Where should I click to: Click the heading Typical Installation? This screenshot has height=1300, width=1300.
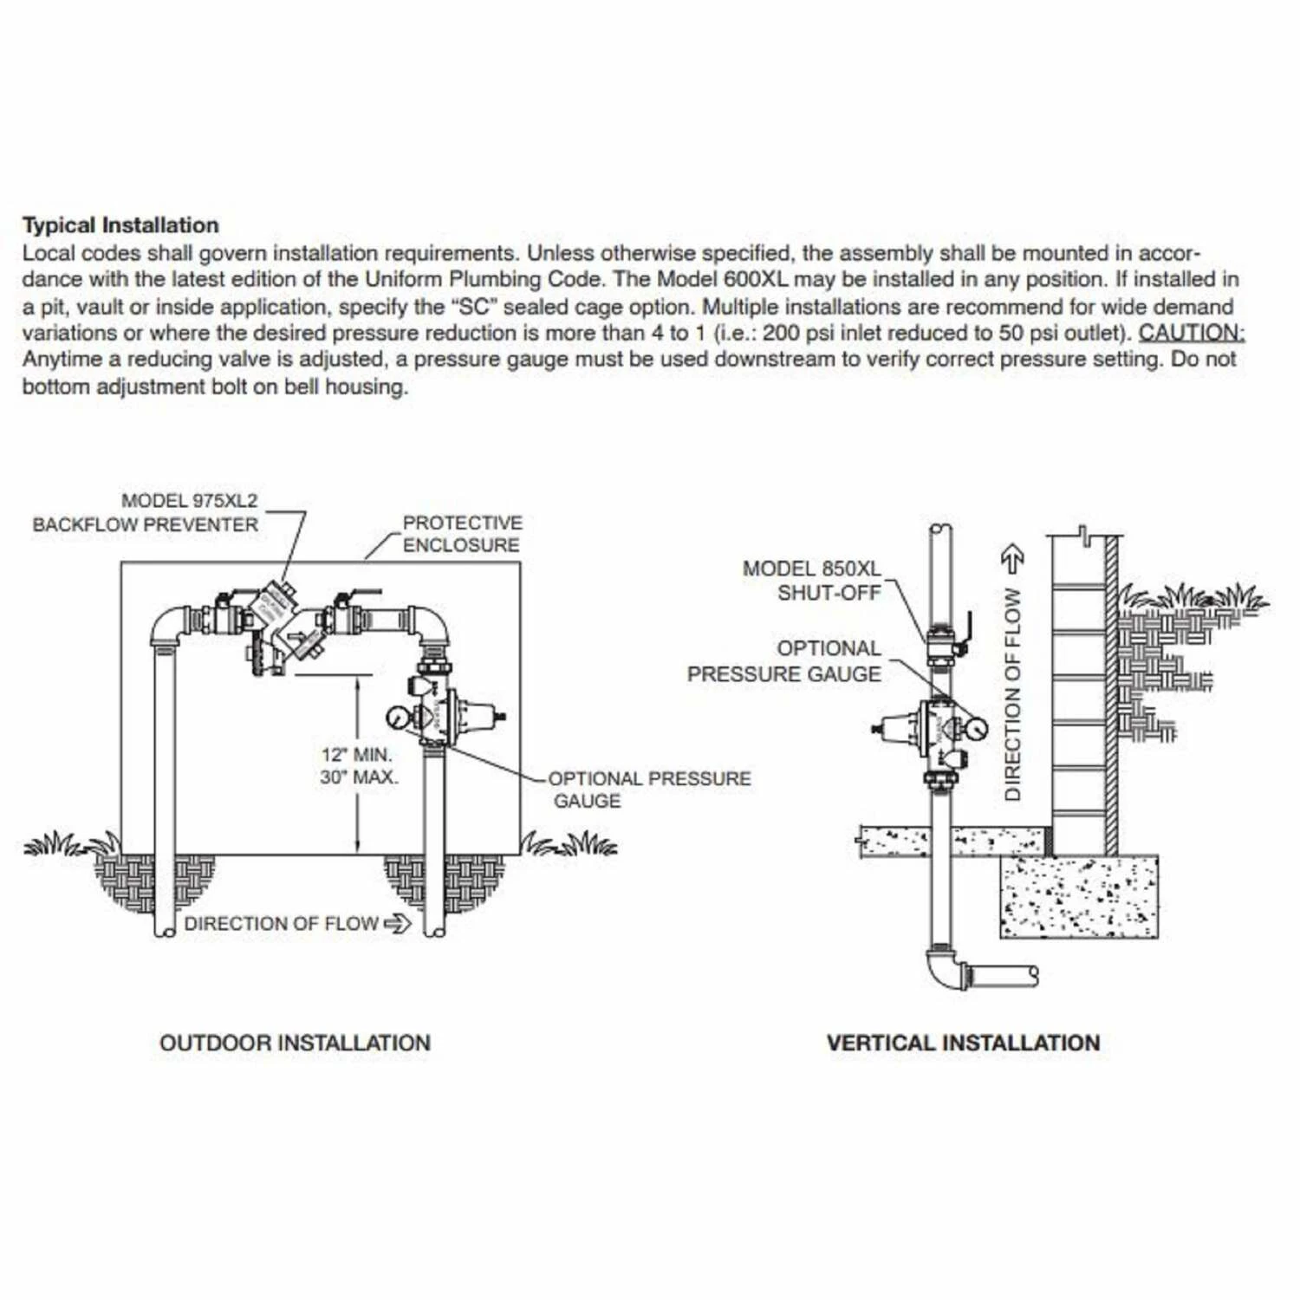point(120,225)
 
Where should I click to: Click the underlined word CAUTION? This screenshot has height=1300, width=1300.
point(1191,333)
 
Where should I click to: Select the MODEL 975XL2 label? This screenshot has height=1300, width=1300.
point(189,501)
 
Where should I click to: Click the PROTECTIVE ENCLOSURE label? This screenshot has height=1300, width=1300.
point(462,534)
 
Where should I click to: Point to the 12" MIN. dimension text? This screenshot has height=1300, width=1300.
point(357,755)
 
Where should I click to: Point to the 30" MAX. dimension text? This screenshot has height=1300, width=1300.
point(359,777)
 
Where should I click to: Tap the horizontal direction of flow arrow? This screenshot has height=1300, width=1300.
point(397,924)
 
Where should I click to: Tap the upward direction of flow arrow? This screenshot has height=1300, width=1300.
point(1012,559)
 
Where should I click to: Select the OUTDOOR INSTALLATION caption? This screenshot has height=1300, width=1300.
point(295,1043)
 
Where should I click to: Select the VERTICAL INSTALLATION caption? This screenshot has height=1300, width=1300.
point(963,1043)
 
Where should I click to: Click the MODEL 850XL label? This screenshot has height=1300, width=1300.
point(811,569)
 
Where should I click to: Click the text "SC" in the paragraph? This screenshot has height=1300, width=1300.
point(473,307)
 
